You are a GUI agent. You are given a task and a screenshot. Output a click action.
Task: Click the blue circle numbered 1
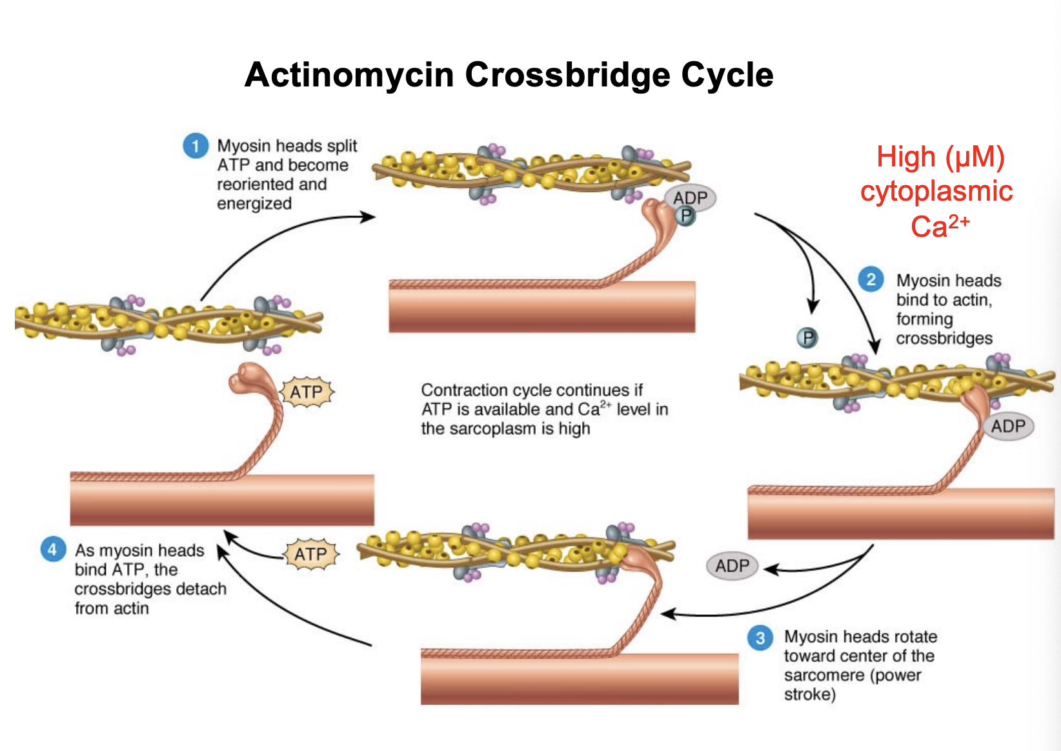tap(196, 146)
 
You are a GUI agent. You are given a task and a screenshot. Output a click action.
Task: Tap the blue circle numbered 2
tap(871, 279)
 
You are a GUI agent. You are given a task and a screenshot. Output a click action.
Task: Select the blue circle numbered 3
tap(760, 638)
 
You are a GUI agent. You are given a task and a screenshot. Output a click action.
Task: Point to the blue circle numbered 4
tap(52, 550)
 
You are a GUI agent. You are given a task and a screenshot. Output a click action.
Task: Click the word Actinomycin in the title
tap(349, 75)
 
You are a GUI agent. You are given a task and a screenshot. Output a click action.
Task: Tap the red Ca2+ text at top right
tap(939, 226)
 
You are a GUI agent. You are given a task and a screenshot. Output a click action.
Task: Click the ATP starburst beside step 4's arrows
tap(311, 554)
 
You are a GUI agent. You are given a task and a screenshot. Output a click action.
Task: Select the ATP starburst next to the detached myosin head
tap(307, 392)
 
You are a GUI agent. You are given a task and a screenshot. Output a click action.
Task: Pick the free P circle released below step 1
tap(807, 337)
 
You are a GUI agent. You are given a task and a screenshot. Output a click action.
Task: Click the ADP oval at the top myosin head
tap(691, 197)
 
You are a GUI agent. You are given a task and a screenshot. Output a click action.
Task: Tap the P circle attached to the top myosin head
tap(685, 216)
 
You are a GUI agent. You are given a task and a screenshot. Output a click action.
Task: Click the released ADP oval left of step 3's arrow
tap(732, 566)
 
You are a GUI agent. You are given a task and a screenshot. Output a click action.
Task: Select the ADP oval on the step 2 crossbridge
tap(1007, 426)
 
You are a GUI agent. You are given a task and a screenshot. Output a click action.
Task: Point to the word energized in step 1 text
tap(254, 204)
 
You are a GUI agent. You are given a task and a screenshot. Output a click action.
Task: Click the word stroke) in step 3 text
tap(809, 695)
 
